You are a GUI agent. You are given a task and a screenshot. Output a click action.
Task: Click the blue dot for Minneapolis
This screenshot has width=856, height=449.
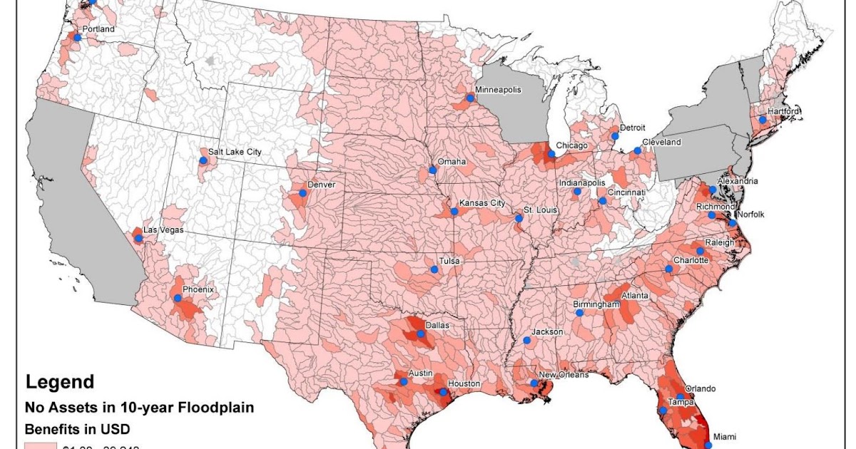pos(470,98)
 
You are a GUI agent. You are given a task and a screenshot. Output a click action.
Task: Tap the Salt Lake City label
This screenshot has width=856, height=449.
pos(235,152)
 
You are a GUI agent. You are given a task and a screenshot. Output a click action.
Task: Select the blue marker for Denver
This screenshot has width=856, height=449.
pos(302,192)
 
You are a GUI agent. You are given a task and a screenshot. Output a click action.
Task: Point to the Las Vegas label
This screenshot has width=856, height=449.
pos(163,229)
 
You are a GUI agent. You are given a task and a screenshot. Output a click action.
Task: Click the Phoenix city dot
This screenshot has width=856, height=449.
pos(177,300)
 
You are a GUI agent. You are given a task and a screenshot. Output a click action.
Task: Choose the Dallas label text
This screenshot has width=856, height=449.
pos(436,325)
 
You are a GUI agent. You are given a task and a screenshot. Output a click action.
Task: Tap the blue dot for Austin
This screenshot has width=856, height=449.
pos(404,382)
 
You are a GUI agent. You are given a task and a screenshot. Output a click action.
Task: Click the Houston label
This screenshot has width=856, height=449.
pos(464,384)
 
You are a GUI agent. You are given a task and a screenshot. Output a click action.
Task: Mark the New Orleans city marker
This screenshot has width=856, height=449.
pos(534,383)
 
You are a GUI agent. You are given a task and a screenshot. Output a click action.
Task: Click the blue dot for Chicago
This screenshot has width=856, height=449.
pos(551,153)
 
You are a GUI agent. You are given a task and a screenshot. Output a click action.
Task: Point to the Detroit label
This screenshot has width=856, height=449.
pos(632,128)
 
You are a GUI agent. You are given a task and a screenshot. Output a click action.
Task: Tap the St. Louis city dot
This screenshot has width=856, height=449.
pos(519,219)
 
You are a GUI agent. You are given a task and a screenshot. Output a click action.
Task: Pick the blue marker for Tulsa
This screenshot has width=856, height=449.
pos(434,269)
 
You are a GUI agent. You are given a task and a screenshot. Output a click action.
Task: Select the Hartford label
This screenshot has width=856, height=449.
pos(783,112)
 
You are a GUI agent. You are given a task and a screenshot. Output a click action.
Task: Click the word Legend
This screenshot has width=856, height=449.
pos(59,382)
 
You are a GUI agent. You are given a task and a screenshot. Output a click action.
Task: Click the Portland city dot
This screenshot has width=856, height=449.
pos(77,37)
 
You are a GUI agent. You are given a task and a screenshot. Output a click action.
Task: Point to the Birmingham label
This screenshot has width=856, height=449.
pos(596,304)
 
